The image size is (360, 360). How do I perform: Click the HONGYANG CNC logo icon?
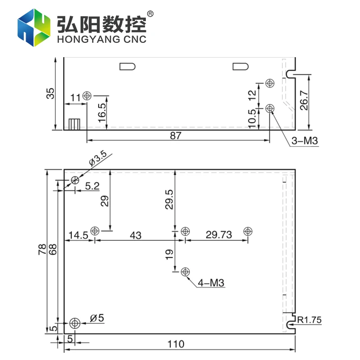pyautogui.click(x=34, y=28)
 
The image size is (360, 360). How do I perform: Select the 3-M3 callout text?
pyautogui.click(x=305, y=141)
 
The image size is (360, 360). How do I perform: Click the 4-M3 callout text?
pyautogui.click(x=211, y=283)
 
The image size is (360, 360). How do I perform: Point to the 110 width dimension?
pyautogui.click(x=176, y=344)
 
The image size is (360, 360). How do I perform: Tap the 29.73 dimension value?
pyautogui.click(x=219, y=235)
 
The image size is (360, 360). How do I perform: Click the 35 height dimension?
pyautogui.click(x=50, y=93)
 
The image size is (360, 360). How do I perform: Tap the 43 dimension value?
pyautogui.click(x=135, y=235)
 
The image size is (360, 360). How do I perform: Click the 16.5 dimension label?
pyautogui.click(x=102, y=112)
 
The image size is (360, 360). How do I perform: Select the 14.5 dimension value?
pyautogui.click(x=78, y=235)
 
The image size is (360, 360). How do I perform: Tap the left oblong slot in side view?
pyautogui.click(x=128, y=67)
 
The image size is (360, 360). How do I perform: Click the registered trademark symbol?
pyautogui.click(x=150, y=14)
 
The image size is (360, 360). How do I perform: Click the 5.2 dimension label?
pyautogui.click(x=92, y=186)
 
